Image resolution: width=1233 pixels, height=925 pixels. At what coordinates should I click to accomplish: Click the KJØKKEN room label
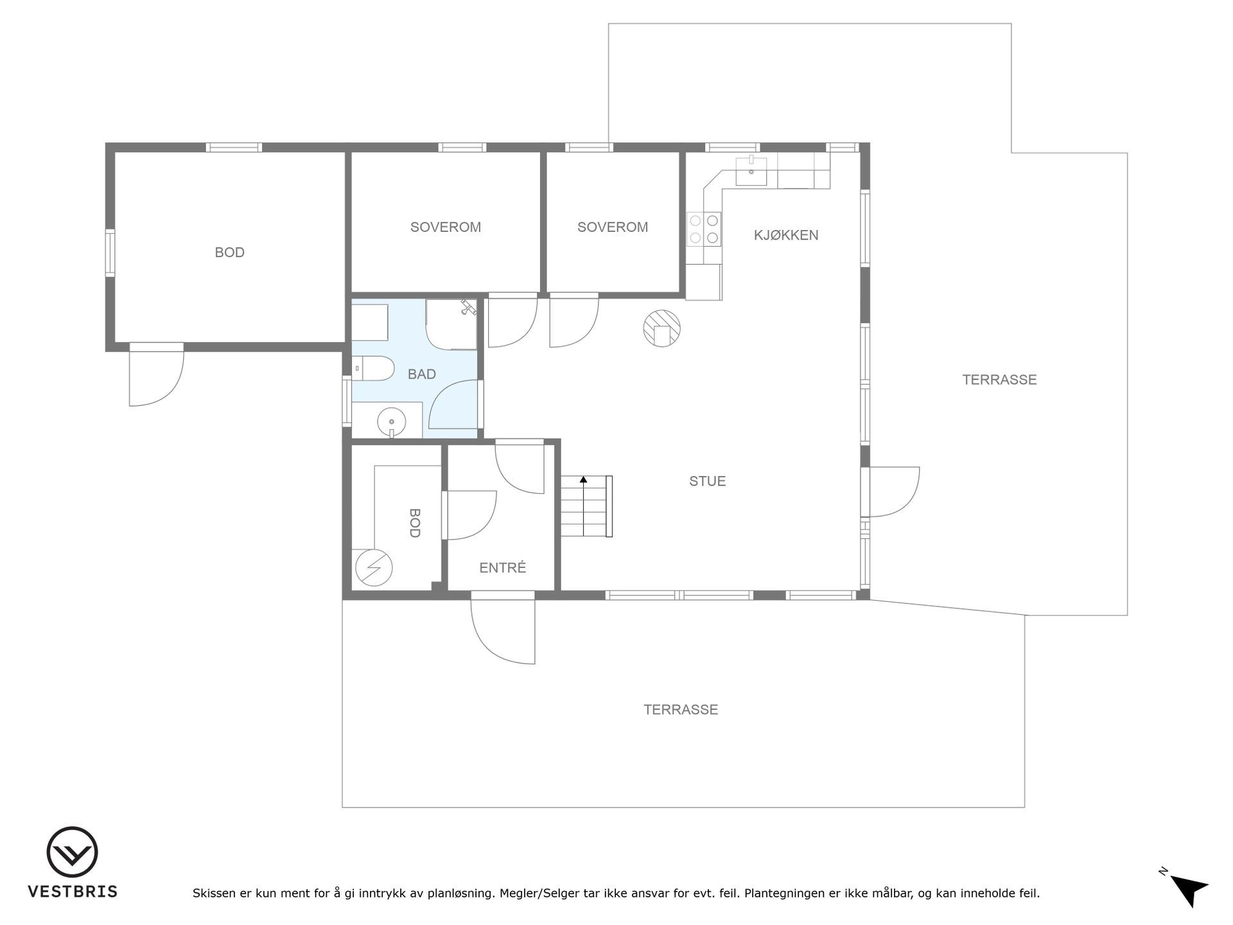tap(786, 235)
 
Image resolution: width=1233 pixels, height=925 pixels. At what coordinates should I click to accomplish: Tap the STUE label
tap(707, 481)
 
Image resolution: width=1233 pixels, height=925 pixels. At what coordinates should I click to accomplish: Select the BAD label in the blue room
tap(422, 374)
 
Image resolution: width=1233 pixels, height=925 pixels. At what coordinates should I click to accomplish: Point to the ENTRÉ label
tap(503, 568)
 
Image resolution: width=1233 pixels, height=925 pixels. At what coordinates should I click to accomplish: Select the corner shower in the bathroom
tap(451, 324)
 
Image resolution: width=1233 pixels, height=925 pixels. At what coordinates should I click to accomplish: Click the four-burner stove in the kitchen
tap(704, 229)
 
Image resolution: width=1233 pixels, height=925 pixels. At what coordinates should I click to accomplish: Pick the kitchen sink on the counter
tap(751, 170)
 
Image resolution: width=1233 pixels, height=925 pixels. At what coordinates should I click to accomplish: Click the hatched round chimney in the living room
tap(661, 328)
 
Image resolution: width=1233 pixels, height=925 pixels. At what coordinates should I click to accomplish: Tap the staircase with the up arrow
tap(586, 506)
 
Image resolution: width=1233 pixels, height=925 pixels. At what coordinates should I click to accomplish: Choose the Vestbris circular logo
tap(72, 852)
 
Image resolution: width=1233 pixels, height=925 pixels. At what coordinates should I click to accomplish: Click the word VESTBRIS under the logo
tap(73, 892)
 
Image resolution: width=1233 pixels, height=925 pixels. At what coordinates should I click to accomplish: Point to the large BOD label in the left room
tap(229, 252)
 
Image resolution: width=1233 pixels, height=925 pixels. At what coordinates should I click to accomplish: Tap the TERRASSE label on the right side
tap(999, 380)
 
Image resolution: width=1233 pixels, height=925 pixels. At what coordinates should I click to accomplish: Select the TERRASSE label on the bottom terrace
tap(681, 710)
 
